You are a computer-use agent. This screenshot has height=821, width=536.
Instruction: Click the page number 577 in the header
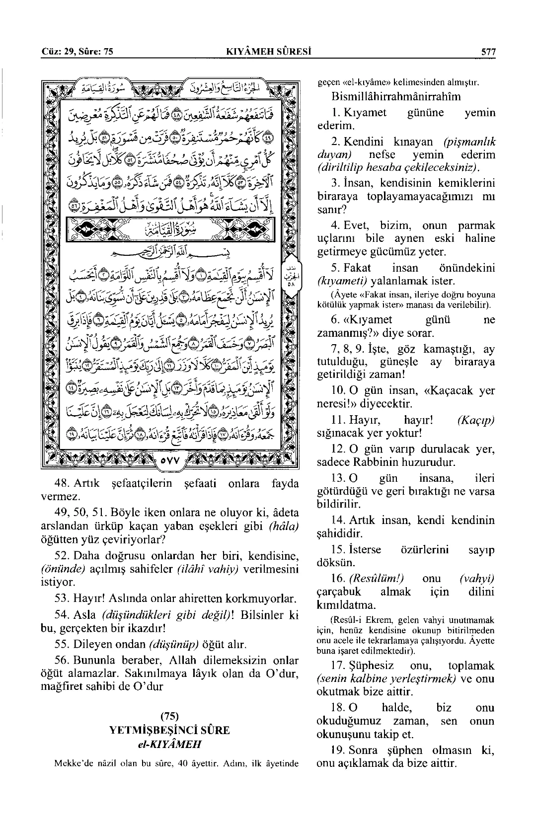[x=486, y=52]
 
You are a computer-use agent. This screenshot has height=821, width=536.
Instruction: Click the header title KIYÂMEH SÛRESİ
[x=268, y=52]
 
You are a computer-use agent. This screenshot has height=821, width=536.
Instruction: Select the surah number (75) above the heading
[x=169, y=716]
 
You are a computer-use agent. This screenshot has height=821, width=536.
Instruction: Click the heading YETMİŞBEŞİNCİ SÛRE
[x=169, y=730]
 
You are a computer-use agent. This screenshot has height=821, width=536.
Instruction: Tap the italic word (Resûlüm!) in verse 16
[x=377, y=578]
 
